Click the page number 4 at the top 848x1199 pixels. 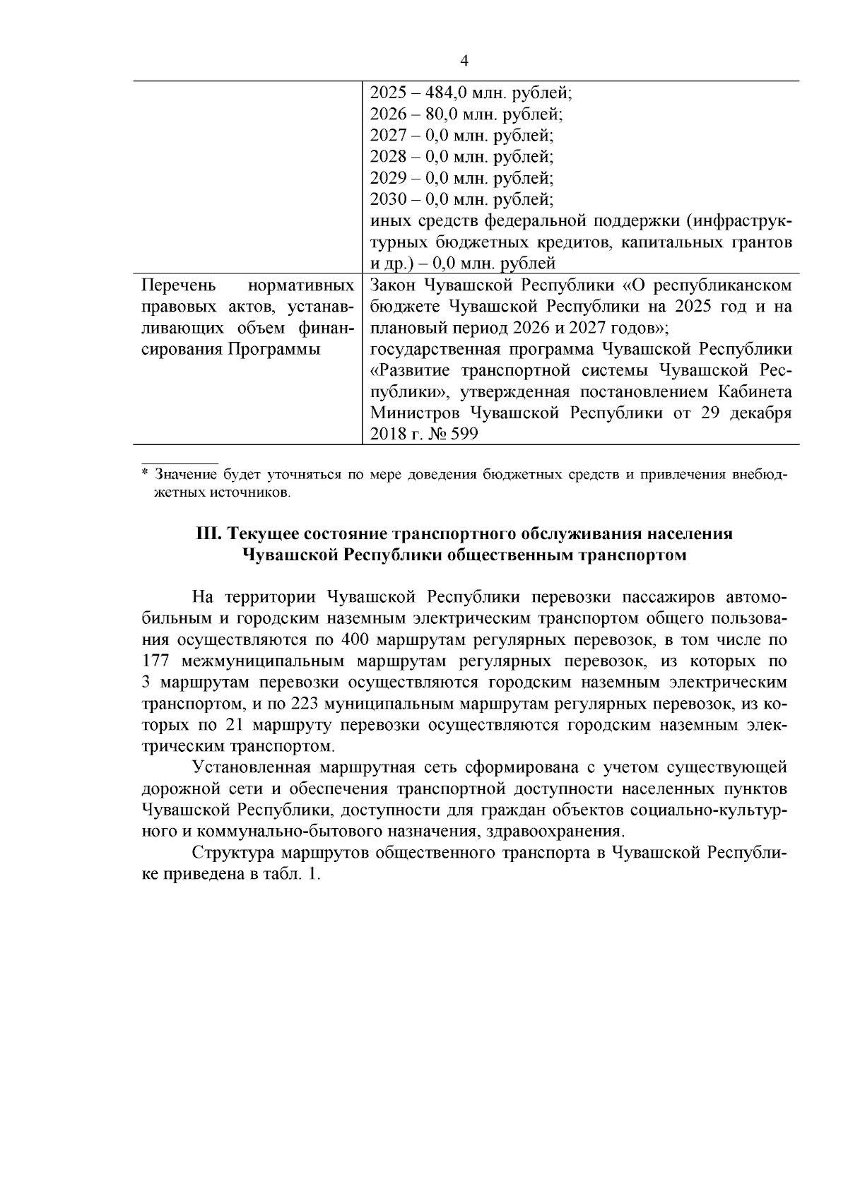464,60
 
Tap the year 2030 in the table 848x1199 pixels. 388,199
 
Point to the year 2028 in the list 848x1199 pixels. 388,156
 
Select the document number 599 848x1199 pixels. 464,435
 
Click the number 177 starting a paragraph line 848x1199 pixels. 156,661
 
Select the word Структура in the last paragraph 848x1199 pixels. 231,852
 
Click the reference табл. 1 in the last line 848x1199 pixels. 291,874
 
